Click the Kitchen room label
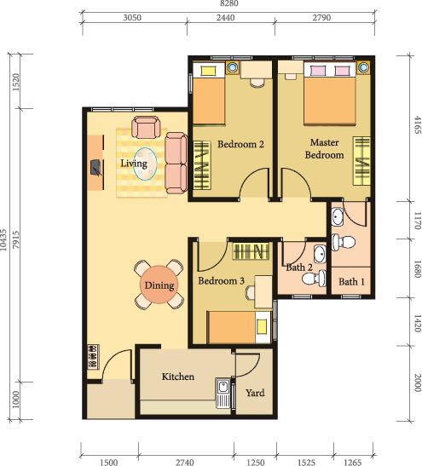pyautogui.click(x=178, y=377)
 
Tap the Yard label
pyautogui.click(x=255, y=393)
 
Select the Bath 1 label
pyautogui.click(x=351, y=281)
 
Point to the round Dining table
pyautogui.click(x=159, y=285)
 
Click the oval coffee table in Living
pyautogui.click(x=145, y=164)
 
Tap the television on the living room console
pyautogui.click(x=95, y=168)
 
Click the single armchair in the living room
pyautogui.click(x=146, y=128)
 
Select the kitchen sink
pyautogui.click(x=223, y=393)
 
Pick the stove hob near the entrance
pyautogui.click(x=93, y=357)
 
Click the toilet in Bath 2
pyautogui.click(x=314, y=279)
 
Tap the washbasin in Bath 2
pyautogui.click(x=320, y=255)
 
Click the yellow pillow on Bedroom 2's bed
pyautogui.click(x=208, y=71)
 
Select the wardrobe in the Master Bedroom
pyautogui.click(x=361, y=161)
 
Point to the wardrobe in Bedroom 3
pyautogui.click(x=251, y=251)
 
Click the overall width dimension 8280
pyautogui.click(x=228, y=3)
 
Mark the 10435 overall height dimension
pyautogui.click(x=3, y=239)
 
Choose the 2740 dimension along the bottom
pyautogui.click(x=185, y=462)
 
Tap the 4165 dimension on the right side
pyautogui.click(x=418, y=125)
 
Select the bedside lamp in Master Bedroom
pyautogui.click(x=363, y=66)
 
